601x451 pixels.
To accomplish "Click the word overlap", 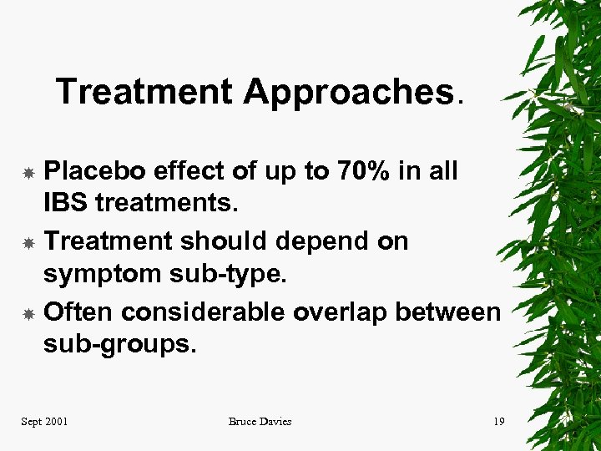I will [x=341, y=312].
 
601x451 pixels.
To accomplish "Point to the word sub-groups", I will [x=119, y=343].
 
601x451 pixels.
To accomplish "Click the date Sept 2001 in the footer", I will [x=44, y=422].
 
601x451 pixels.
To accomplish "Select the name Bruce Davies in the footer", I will [x=260, y=422].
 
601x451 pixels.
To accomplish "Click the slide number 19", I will [x=498, y=422].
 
